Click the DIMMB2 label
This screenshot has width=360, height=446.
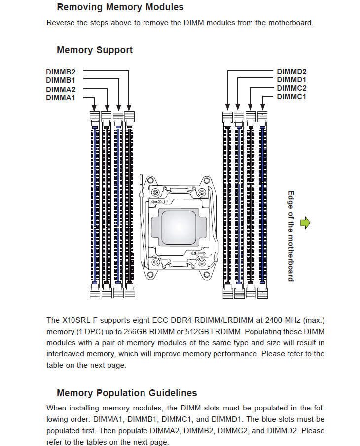tap(61, 71)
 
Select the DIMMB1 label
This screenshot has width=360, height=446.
tap(61, 80)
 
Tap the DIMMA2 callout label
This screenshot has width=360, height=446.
tap(61, 89)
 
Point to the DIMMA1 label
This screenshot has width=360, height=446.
tap(61, 98)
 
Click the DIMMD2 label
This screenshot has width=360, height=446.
tap(291, 71)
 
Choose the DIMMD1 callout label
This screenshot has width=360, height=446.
tap(291, 79)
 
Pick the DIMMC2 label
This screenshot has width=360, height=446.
tap(291, 88)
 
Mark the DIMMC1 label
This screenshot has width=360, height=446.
tap(291, 97)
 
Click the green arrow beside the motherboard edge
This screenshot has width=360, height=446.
tap(306, 223)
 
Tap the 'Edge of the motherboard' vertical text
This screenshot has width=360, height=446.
tap(291, 236)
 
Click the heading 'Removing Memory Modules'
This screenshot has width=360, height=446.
tap(120, 7)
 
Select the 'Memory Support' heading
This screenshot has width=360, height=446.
tap(95, 50)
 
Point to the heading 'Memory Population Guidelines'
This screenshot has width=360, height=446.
tap(127, 393)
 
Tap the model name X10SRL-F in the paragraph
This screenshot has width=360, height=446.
tap(79, 321)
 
